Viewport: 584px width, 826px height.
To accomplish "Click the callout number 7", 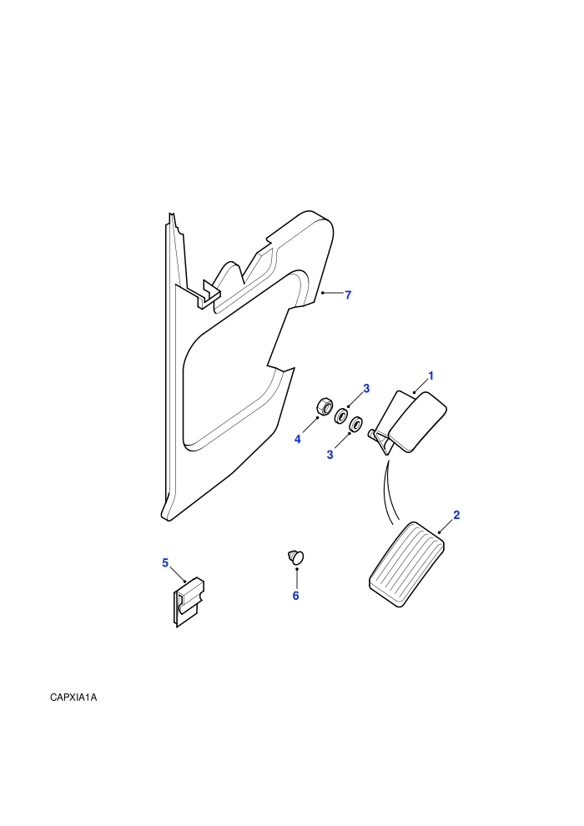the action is tap(348, 295).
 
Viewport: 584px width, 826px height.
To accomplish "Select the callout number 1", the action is tap(430, 376).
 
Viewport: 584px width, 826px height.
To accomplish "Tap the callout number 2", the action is tap(456, 515).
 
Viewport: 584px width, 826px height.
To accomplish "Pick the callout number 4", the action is tap(298, 440).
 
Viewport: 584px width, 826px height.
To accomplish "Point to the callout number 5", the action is tap(165, 563).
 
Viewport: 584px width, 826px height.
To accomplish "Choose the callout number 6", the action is tap(295, 596).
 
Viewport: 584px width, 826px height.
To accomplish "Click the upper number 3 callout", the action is tap(366, 388).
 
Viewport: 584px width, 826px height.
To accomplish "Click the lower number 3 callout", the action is tap(330, 455).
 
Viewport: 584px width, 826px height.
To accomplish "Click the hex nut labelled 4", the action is tap(324, 406).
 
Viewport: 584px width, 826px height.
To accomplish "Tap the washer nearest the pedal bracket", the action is tap(357, 423).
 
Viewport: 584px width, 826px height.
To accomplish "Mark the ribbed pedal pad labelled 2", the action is tap(407, 564).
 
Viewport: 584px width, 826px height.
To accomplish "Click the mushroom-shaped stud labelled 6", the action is tap(296, 557).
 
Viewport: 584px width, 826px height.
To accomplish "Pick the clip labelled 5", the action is tap(189, 602).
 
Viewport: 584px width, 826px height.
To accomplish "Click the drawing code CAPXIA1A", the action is tap(73, 698).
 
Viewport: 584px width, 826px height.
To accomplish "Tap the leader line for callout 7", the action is tap(332, 293).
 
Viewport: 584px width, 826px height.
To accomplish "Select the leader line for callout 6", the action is tap(297, 579).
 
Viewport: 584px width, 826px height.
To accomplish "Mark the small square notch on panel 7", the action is tap(209, 295).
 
